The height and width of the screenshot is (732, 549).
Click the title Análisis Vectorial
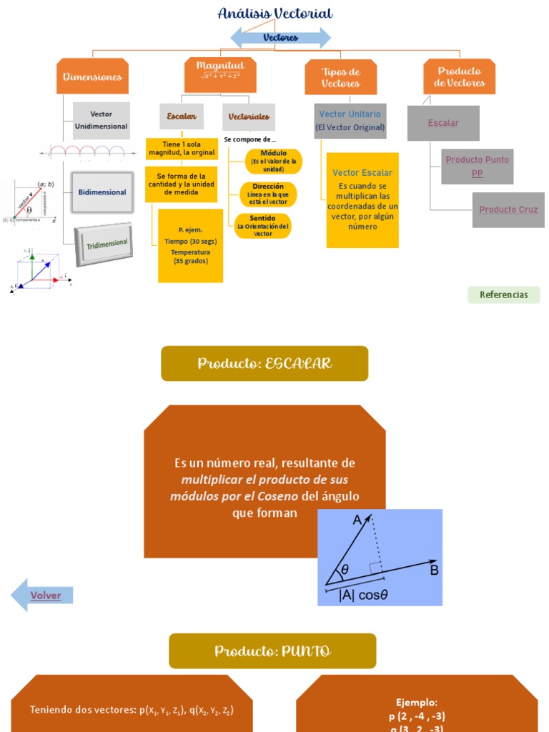(x=275, y=14)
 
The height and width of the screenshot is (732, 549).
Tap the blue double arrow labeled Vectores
(x=280, y=37)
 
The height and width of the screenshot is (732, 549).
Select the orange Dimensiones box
(x=92, y=76)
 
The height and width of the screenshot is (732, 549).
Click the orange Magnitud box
(x=220, y=74)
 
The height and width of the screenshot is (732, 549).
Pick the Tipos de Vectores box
(x=340, y=77)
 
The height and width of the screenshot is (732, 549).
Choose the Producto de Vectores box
(x=459, y=76)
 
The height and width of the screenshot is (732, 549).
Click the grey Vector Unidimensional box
(x=102, y=120)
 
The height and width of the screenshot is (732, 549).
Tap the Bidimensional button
(x=102, y=192)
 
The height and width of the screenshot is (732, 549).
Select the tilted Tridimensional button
(x=104, y=244)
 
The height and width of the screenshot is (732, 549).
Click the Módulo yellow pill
(x=273, y=161)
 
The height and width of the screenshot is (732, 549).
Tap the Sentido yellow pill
(x=263, y=226)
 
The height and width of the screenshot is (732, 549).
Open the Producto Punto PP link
(x=478, y=167)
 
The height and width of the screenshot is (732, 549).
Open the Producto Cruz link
(x=508, y=209)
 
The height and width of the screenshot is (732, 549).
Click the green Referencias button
(x=504, y=295)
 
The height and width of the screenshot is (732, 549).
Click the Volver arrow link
(x=44, y=595)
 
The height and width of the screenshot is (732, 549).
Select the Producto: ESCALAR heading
(x=264, y=364)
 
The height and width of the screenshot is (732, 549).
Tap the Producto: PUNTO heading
(x=272, y=651)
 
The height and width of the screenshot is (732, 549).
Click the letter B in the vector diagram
(x=434, y=570)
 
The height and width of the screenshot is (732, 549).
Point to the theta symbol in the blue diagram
(x=345, y=570)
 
